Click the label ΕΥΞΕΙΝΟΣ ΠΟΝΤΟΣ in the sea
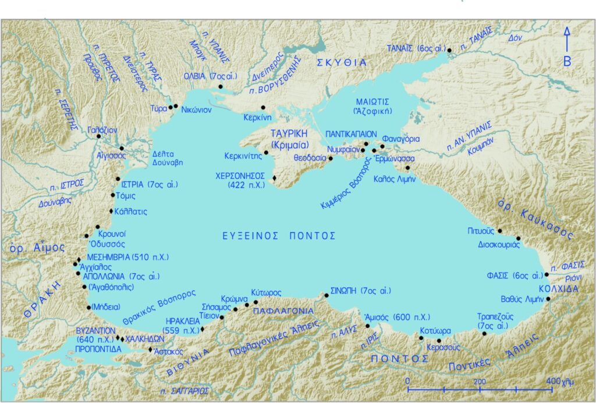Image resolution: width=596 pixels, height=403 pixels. [279, 236]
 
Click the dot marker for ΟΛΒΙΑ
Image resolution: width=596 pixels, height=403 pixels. [220, 87]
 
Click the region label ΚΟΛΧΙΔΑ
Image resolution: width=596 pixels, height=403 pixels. [558, 288]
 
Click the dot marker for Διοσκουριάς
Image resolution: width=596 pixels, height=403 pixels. [518, 238]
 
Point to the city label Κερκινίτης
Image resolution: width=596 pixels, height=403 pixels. [243, 156]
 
